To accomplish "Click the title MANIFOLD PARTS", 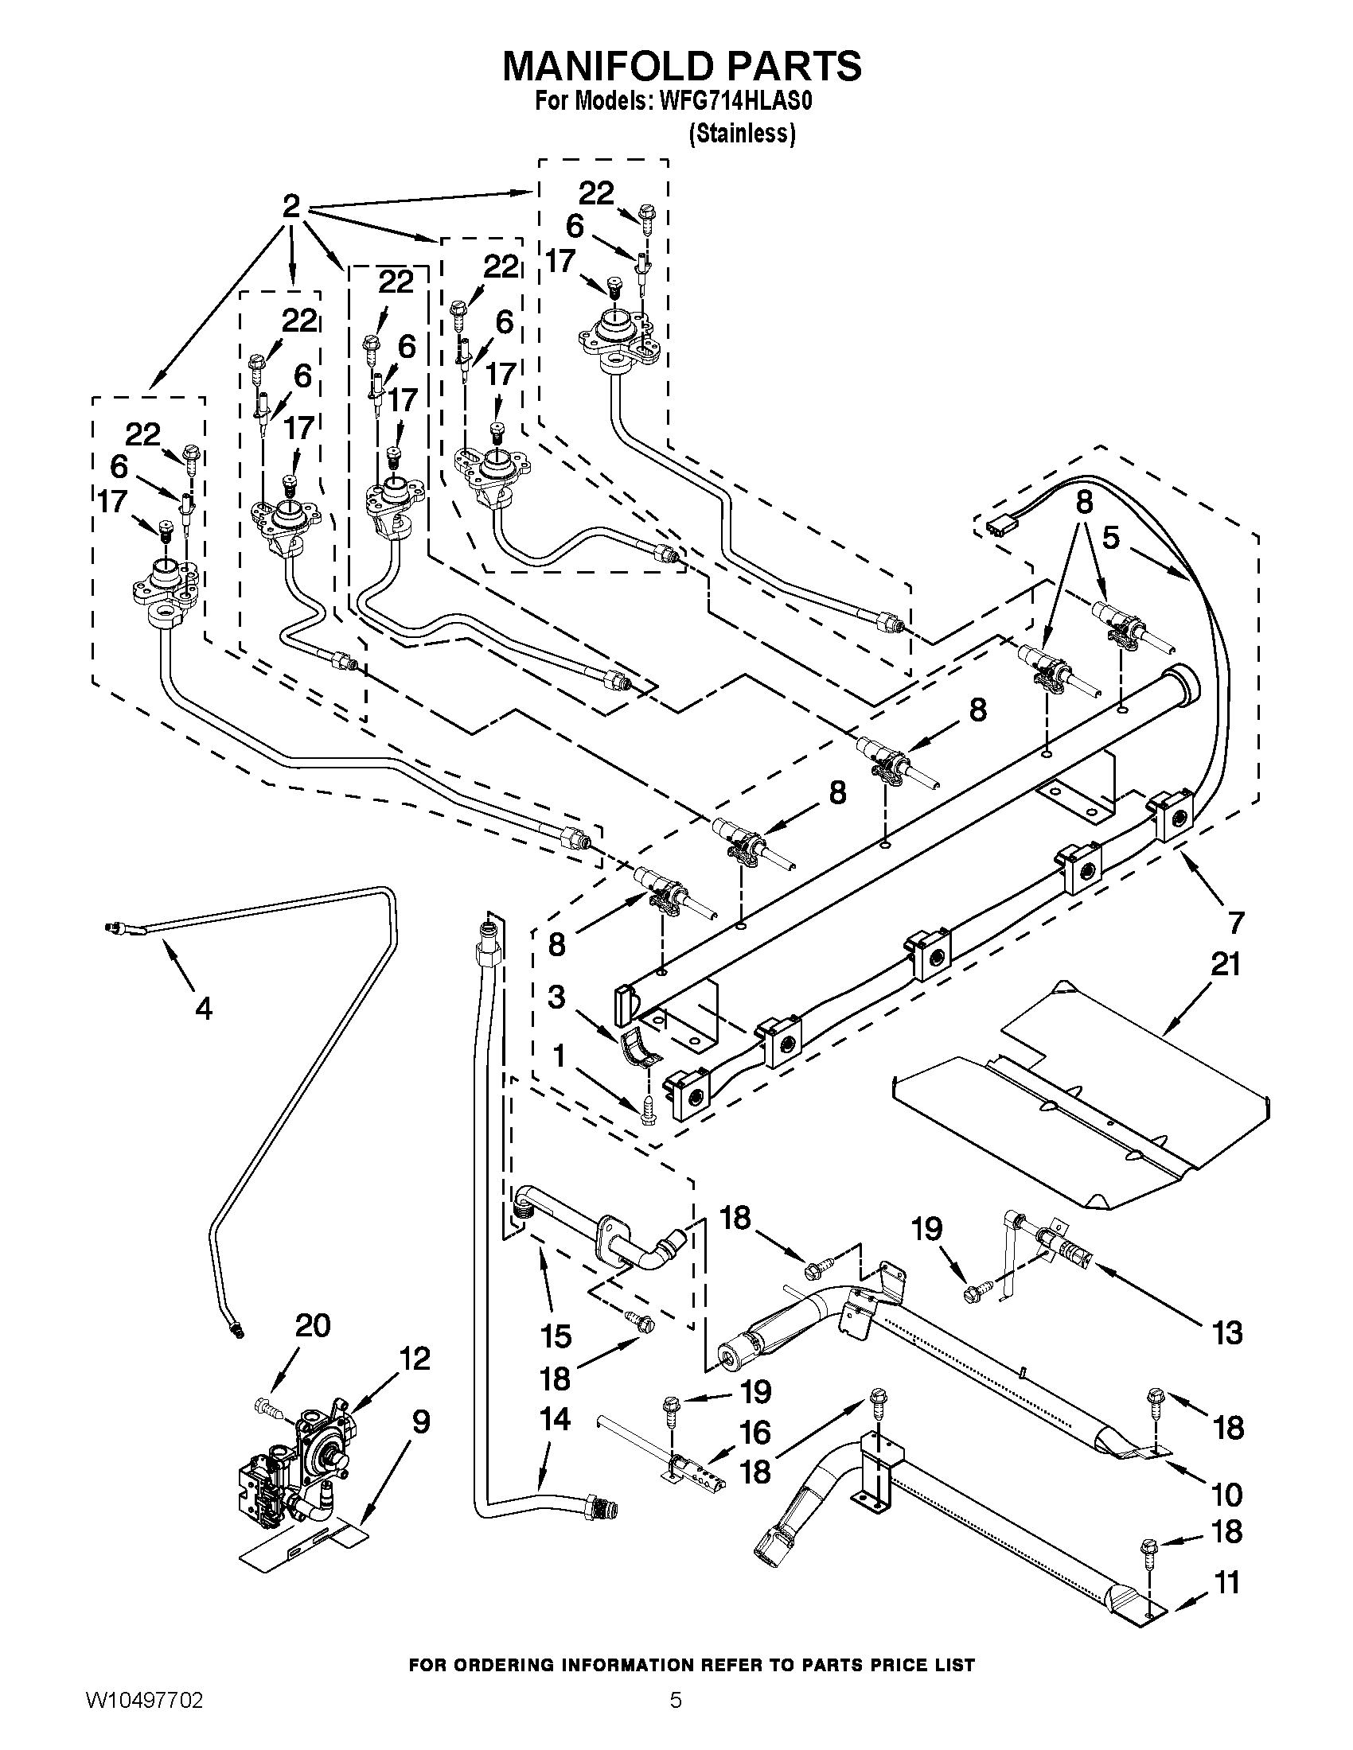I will pos(681,66).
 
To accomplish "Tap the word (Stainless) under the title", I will pos(742,134).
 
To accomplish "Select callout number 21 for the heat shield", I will pos(1226,965).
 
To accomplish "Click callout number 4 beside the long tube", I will pos(204,1009).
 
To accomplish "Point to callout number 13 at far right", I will pos(1227,1332).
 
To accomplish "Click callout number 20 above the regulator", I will pos(312,1326).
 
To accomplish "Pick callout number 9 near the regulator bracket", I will pos(421,1422).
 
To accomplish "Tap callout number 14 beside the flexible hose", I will pos(555,1419).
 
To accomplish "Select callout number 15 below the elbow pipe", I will pos(556,1336).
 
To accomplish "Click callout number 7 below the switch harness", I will pos(1235,923).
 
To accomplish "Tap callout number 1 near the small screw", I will pos(558,1056).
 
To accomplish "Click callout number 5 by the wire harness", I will pos(1110,539).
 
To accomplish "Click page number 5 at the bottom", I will pos(676,1718).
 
